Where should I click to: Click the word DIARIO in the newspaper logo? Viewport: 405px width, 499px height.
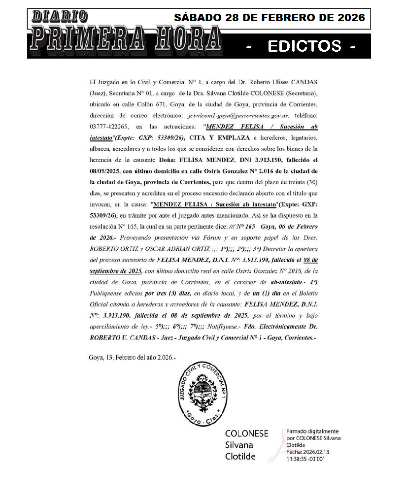(x=60, y=16)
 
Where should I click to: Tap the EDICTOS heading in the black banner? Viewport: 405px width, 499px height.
(x=304, y=46)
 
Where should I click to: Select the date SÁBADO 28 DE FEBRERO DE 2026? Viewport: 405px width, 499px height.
(x=270, y=18)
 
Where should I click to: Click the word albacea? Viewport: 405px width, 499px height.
(x=101, y=148)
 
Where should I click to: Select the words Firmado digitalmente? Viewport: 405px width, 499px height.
(x=313, y=431)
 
